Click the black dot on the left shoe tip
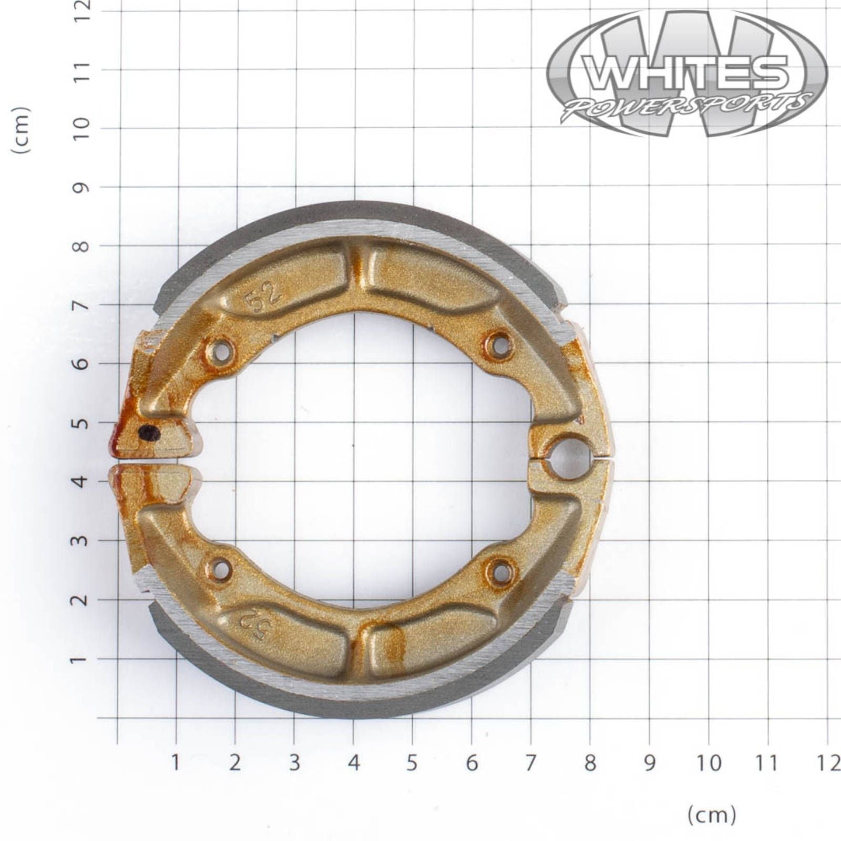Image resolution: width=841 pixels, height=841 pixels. [x=149, y=433]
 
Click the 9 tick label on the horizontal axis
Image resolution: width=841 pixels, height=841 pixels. [x=650, y=763]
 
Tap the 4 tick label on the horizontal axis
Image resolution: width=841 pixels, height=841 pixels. [x=353, y=763]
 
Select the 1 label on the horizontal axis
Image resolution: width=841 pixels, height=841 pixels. [x=176, y=763]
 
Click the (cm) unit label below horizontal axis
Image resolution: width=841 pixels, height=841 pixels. [x=712, y=815]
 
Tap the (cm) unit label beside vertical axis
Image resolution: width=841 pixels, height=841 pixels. [x=21, y=130]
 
